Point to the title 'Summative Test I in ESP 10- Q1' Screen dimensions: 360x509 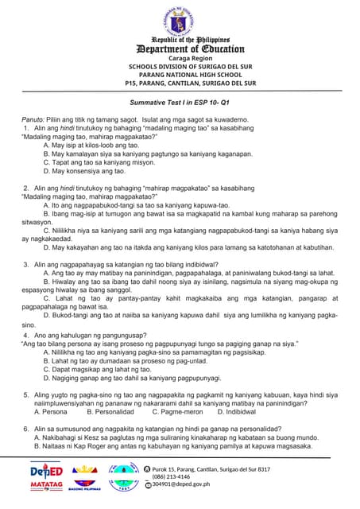coord(179,103)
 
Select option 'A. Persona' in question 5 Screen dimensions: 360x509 coord(50,412)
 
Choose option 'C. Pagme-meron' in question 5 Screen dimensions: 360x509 coord(177,412)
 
